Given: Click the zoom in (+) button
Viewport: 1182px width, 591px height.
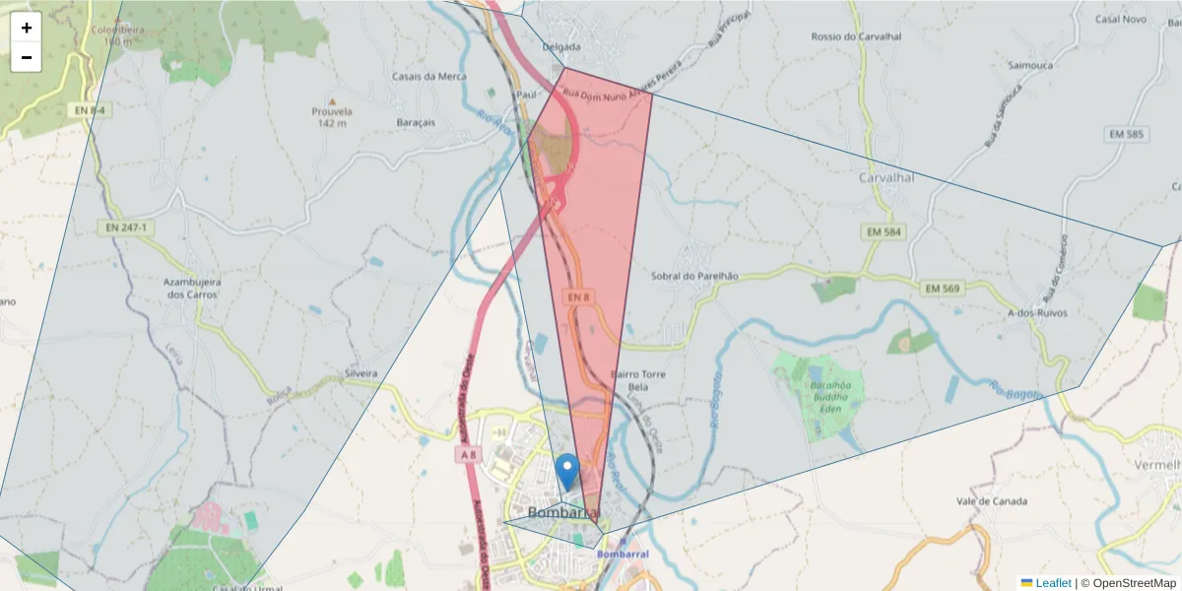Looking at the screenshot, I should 27,28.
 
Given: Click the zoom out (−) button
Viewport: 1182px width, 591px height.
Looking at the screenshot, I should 27,57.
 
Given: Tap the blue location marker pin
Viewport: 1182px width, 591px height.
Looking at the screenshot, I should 566,472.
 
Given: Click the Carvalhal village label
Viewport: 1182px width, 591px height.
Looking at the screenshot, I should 886,178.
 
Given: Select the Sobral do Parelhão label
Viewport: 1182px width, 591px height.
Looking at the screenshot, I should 694,277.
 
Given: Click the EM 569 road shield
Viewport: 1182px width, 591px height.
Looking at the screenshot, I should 943,289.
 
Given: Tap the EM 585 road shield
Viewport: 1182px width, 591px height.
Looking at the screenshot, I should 1126,134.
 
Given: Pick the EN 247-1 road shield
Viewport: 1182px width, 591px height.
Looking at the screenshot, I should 127,228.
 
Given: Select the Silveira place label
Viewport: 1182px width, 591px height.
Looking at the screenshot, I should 361,374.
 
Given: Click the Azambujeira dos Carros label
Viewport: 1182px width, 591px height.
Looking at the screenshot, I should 192,288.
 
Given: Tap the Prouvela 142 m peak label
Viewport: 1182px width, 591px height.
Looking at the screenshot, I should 332,116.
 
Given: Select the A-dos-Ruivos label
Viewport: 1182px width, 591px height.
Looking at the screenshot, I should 1036,312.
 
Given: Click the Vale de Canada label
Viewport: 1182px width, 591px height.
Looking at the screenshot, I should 991,501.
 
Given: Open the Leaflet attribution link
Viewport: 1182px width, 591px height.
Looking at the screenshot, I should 1052,583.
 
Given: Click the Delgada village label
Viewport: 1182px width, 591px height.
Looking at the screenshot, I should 561,46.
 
